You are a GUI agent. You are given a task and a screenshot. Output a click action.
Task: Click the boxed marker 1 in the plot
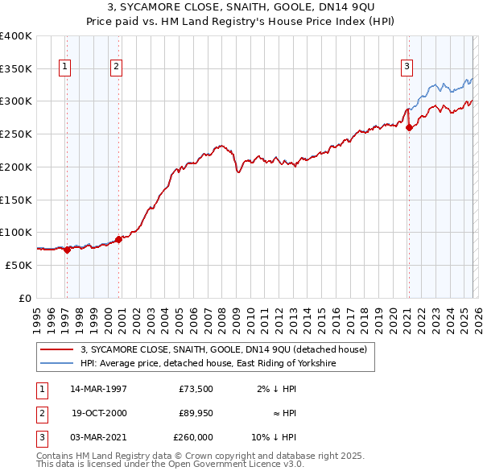(x=64, y=67)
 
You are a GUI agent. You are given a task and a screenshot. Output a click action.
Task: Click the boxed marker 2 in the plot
(x=116, y=67)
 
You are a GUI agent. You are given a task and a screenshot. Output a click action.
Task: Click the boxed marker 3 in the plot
(x=407, y=67)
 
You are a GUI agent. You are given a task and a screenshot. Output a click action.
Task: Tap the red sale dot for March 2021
(x=409, y=127)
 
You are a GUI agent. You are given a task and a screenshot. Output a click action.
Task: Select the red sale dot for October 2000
(x=119, y=238)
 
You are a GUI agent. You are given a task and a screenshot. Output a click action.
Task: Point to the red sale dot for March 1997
(x=68, y=250)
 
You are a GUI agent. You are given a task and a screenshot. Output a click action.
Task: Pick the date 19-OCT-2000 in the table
(x=98, y=413)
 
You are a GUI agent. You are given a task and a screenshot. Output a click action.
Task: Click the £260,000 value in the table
(x=193, y=437)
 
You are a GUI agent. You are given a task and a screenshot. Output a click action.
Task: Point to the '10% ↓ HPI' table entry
(x=273, y=437)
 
